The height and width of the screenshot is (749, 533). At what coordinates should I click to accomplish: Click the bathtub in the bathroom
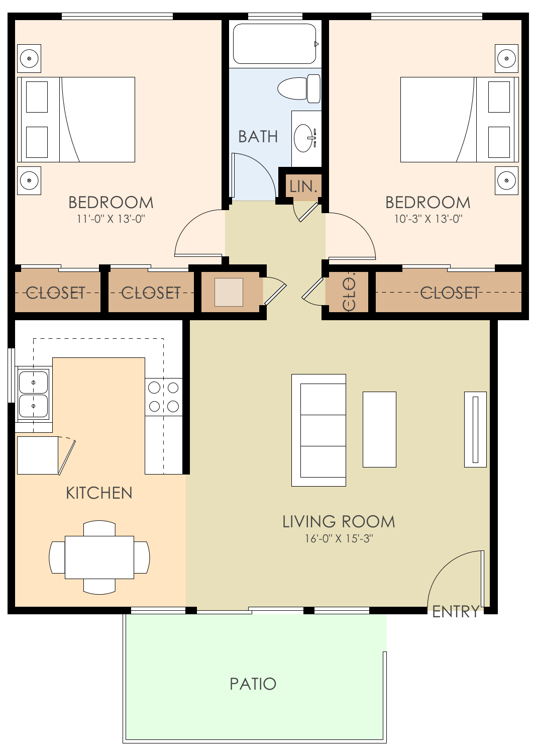coord(274,44)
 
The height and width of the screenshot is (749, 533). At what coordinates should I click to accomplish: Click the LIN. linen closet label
coord(304,186)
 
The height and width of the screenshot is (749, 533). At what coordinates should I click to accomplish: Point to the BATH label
coord(258,137)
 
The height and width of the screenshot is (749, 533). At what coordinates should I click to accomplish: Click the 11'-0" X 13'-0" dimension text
coord(111,219)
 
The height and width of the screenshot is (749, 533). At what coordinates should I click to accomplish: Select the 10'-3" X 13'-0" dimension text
coord(428,219)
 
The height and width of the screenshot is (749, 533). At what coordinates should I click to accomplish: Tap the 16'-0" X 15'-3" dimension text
coord(339,538)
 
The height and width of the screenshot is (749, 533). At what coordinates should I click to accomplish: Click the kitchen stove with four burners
coord(164,397)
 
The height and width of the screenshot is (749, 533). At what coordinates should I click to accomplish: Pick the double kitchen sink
coord(33,394)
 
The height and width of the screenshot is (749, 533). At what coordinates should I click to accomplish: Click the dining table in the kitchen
coord(99,557)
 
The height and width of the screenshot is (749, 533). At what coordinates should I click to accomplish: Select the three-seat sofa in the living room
coord(319,430)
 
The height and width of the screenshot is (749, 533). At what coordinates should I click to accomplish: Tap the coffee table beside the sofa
coord(379,429)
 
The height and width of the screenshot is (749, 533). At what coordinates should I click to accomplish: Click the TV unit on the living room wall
coord(475,429)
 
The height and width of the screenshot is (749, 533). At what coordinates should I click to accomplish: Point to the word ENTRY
coord(456,612)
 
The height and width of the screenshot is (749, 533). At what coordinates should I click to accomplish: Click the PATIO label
coord(253,684)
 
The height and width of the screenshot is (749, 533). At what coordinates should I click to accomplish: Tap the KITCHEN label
coord(99,493)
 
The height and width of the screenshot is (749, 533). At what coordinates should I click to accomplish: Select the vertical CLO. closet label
coord(349,292)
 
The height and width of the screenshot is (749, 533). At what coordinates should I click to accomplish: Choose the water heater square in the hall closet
coord(229,292)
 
